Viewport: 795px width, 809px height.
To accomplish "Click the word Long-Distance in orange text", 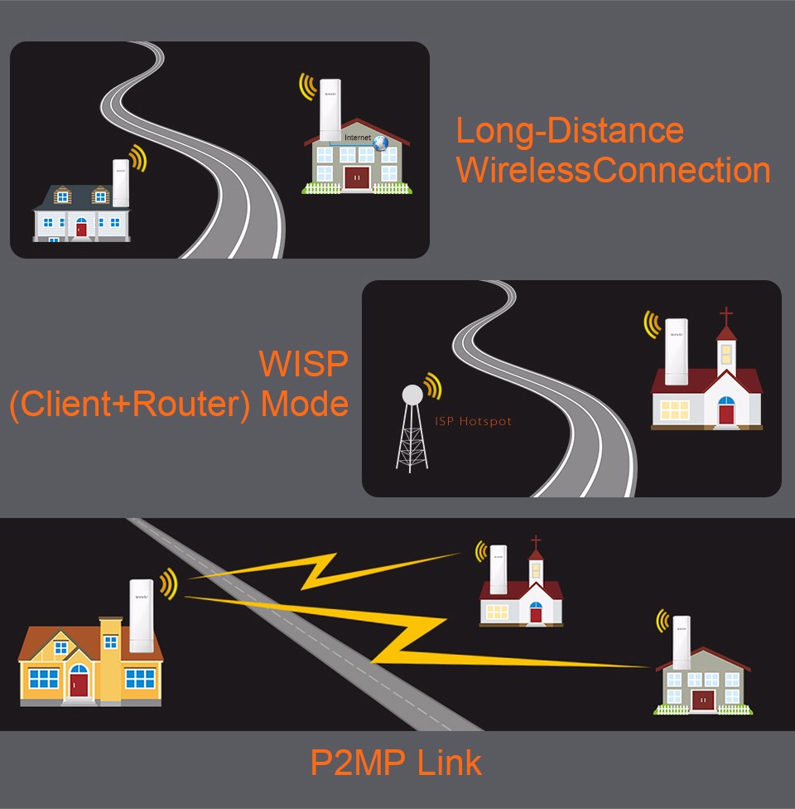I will click(570, 131).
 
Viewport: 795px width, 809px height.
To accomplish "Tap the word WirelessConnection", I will click(613, 170).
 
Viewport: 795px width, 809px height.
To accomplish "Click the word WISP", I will click(303, 365).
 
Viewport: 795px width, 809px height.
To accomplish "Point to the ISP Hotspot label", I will click(473, 422).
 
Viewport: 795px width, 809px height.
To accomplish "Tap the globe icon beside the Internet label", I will click(380, 143).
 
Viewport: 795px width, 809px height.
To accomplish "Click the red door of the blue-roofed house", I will click(81, 227).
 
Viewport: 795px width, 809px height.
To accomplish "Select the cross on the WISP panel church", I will click(726, 315).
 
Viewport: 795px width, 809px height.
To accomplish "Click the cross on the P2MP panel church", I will click(536, 543).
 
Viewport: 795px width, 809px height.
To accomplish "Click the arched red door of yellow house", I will click(79, 681).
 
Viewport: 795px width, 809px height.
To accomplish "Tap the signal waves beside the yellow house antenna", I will click(169, 584).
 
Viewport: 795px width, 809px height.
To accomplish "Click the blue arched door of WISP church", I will click(726, 411).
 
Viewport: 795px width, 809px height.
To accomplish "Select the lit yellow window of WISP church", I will click(675, 409).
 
